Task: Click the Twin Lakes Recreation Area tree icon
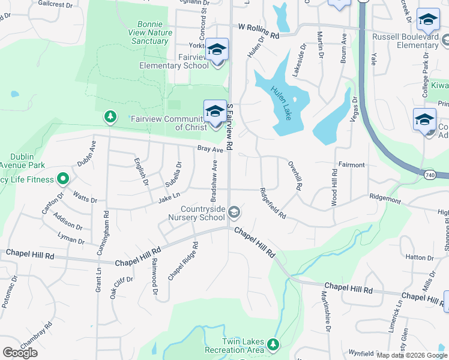point(274,344)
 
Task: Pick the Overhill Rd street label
point(294,175)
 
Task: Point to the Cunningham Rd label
point(106,231)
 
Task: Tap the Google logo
point(20,353)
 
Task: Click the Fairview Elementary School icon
point(216,49)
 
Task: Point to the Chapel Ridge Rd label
point(183,261)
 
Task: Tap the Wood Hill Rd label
point(334,188)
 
